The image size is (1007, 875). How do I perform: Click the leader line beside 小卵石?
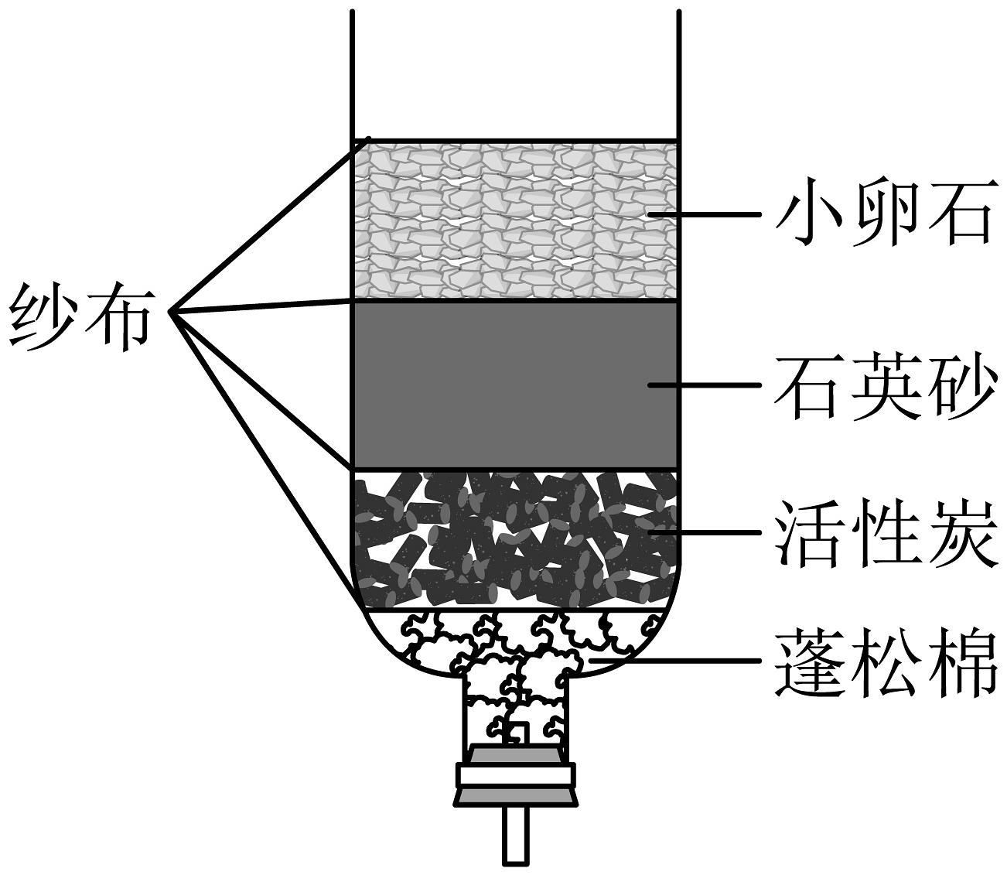[704, 215]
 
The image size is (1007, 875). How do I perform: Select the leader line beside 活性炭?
[704, 533]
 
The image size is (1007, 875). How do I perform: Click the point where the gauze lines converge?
[172, 311]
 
